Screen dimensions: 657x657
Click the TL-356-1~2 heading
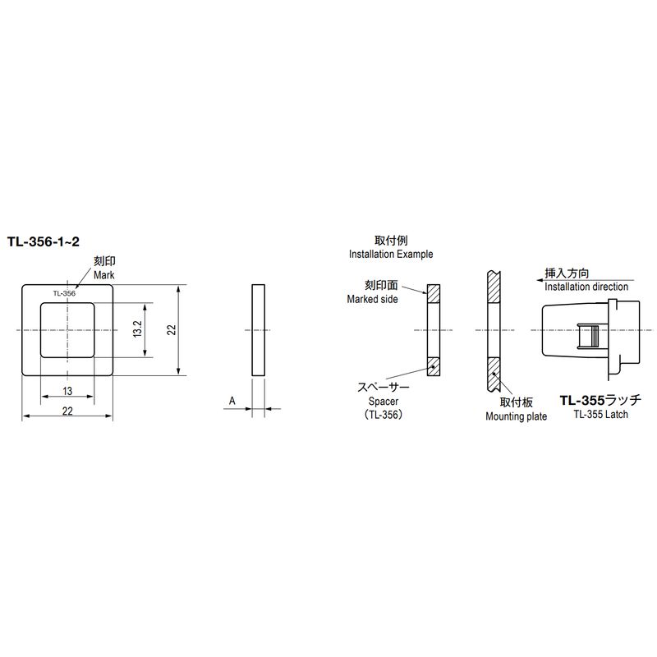pos(44,242)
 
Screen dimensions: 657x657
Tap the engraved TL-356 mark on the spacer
pos(64,293)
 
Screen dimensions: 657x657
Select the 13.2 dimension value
pos(138,329)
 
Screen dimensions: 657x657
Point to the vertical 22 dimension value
pos(172,329)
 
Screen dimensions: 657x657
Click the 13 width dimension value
pos(67,391)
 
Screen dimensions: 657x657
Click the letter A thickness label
pos(232,401)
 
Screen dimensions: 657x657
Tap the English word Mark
pos(104,275)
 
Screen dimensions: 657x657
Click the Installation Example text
pos(391,255)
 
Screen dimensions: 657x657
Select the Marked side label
pos(373,299)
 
